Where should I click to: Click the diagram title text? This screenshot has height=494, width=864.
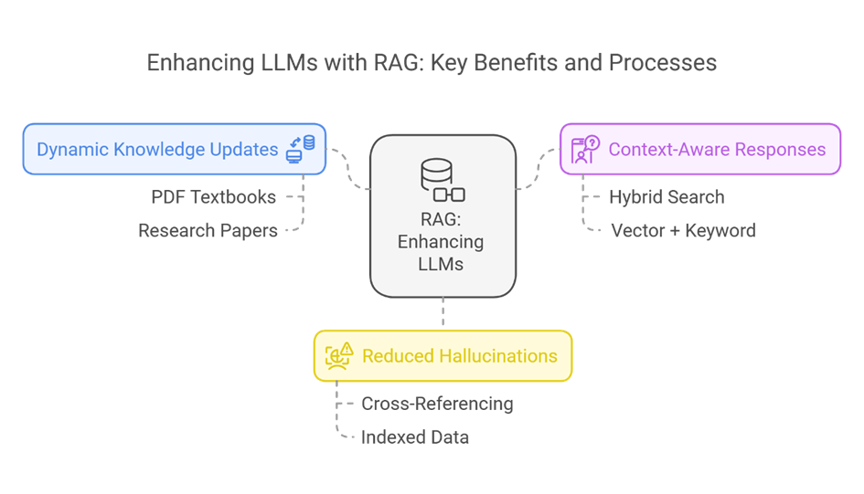432,63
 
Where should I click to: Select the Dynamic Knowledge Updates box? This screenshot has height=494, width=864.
174,149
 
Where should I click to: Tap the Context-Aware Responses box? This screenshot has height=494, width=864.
699,149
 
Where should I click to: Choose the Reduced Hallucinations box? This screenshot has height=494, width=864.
443,355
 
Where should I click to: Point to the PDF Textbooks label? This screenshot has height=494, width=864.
213,196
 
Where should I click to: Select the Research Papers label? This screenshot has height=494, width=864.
208,230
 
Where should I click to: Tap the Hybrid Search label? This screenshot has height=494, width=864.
666,196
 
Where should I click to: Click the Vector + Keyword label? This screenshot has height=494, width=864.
683,230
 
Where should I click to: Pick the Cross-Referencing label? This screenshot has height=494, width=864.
437,403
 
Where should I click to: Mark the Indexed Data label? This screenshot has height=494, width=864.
414,436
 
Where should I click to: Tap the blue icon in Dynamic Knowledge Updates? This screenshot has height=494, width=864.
301,149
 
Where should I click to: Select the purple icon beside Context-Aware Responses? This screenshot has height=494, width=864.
585,149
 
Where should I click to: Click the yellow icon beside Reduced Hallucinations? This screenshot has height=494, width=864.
339,355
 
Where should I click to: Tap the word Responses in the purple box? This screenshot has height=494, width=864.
783,149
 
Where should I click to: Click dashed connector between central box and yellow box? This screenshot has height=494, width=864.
443,312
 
